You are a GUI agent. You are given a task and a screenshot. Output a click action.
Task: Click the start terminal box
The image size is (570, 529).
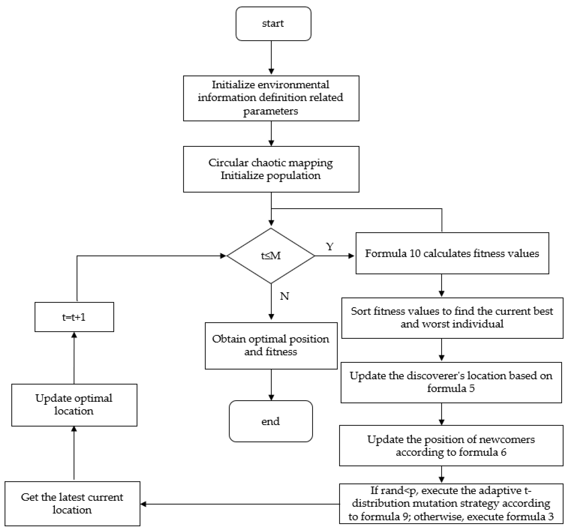(273, 24)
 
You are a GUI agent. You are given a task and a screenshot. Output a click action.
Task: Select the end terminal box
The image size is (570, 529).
(271, 421)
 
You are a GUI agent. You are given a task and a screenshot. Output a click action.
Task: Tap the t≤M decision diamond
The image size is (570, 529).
(271, 256)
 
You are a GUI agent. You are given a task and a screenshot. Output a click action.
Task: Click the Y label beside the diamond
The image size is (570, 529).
(330, 247)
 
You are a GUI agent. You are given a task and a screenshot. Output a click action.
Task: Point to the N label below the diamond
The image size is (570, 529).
(284, 296)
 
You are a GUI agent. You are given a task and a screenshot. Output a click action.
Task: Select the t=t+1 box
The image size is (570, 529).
(74, 317)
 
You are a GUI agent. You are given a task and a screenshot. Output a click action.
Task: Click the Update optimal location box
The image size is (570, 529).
(74, 405)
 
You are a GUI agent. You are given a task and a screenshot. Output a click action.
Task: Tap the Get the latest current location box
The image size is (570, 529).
(72, 503)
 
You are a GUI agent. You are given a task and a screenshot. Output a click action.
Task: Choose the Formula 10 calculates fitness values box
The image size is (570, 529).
(452, 254)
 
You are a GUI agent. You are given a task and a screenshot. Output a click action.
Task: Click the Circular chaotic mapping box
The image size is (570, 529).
(271, 169)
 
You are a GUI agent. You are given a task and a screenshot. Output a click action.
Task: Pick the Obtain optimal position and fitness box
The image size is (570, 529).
(271, 346)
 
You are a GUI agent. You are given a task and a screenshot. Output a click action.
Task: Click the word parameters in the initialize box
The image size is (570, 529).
(271, 111)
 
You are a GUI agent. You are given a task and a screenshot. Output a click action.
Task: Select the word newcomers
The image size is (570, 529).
(507, 440)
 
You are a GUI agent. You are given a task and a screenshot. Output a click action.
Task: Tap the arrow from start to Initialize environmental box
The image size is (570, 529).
(271, 58)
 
